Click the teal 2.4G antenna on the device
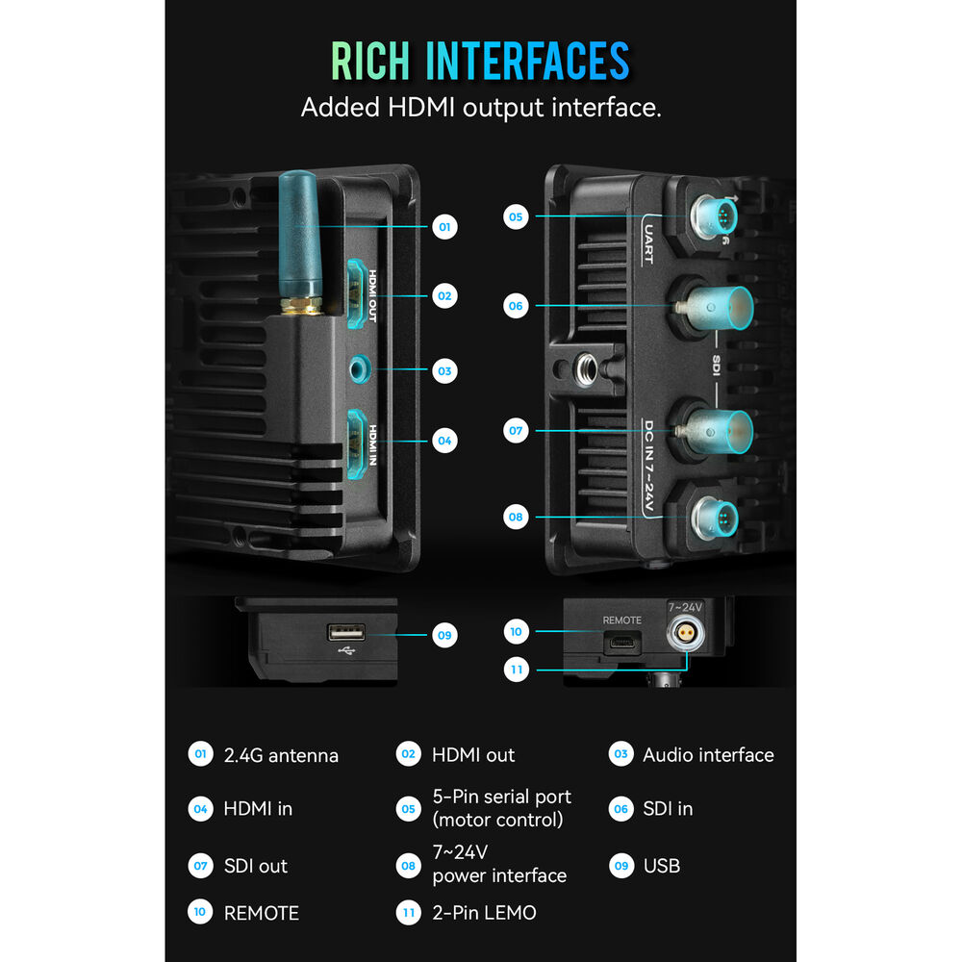pyautogui.click(x=300, y=242)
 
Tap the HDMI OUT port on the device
pyautogui.click(x=357, y=293)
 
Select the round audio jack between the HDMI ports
pyautogui.click(x=360, y=369)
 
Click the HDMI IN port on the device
pyautogui.click(x=357, y=443)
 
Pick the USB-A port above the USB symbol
pyautogui.click(x=346, y=632)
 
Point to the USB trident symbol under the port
pyautogui.click(x=346, y=650)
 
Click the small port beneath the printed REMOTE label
pyautogui.click(x=622, y=644)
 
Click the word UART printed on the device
pyautogui.click(x=648, y=243)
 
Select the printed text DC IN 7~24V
pyautogui.click(x=648, y=466)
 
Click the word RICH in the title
pyautogui.click(x=370, y=61)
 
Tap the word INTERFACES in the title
pyautogui.click(x=527, y=61)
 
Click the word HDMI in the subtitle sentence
pyautogui.click(x=421, y=108)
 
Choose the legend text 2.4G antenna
pyautogui.click(x=281, y=755)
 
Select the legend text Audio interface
pyautogui.click(x=708, y=754)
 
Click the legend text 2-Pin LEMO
pyautogui.click(x=484, y=913)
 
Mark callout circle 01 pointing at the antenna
pyautogui.click(x=444, y=227)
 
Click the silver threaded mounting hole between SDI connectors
pyautogui.click(x=585, y=369)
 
